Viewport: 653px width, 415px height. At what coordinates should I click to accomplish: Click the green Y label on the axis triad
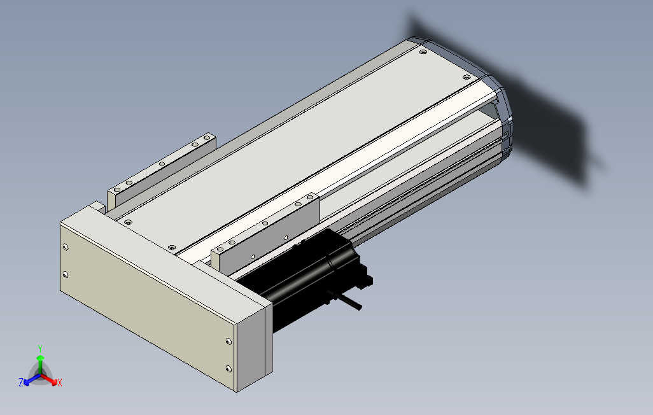pyautogui.click(x=40, y=348)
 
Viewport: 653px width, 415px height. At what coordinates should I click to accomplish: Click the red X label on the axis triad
pyautogui.click(x=60, y=383)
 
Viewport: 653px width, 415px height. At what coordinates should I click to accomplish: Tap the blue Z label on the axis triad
pyautogui.click(x=21, y=382)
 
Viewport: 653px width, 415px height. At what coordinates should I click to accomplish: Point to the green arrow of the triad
pyautogui.click(x=40, y=364)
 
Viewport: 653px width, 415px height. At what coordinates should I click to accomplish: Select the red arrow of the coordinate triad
pyautogui.click(x=50, y=379)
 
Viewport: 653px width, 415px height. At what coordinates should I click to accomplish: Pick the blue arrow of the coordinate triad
pyautogui.click(x=32, y=379)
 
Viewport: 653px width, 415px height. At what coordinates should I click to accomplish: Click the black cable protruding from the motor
pyautogui.click(x=346, y=301)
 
